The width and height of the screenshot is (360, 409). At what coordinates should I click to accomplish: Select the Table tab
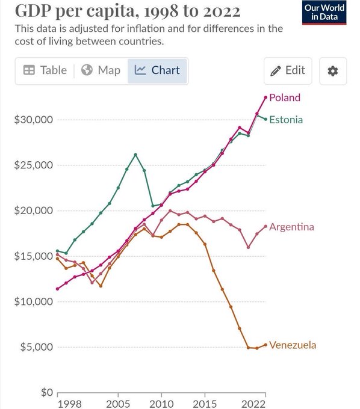[45, 70]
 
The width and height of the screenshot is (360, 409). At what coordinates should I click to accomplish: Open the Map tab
[101, 70]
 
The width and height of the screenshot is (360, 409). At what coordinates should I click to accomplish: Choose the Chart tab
[158, 70]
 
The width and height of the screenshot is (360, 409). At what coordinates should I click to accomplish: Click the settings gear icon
[332, 71]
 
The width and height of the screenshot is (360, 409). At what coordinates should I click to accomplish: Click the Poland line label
[285, 97]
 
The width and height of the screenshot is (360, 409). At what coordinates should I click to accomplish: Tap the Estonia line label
[286, 120]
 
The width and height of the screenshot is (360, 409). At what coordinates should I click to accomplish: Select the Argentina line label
[291, 227]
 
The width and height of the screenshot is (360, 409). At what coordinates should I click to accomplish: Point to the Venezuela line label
[292, 345]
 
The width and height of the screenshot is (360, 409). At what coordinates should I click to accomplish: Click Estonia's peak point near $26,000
[135, 155]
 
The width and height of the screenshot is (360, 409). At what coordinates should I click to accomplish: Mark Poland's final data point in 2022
[265, 97]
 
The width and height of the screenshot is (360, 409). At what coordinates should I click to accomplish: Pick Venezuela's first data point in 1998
[58, 259]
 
